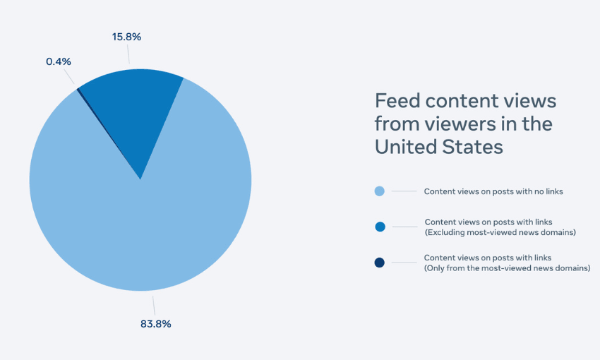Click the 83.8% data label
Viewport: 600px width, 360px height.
[155, 324]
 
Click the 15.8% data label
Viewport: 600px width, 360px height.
[126, 36]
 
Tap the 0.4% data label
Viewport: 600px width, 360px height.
[59, 61]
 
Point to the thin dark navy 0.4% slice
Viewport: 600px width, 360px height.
[79, 90]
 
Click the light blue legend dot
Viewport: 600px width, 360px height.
[380, 191]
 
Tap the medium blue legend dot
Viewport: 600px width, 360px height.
[380, 227]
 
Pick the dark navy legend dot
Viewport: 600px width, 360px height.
[380, 263]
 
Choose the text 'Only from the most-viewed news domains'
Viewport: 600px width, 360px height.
[506, 268]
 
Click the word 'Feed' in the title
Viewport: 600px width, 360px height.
[395, 101]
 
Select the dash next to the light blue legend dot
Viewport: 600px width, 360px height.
[404, 191]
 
